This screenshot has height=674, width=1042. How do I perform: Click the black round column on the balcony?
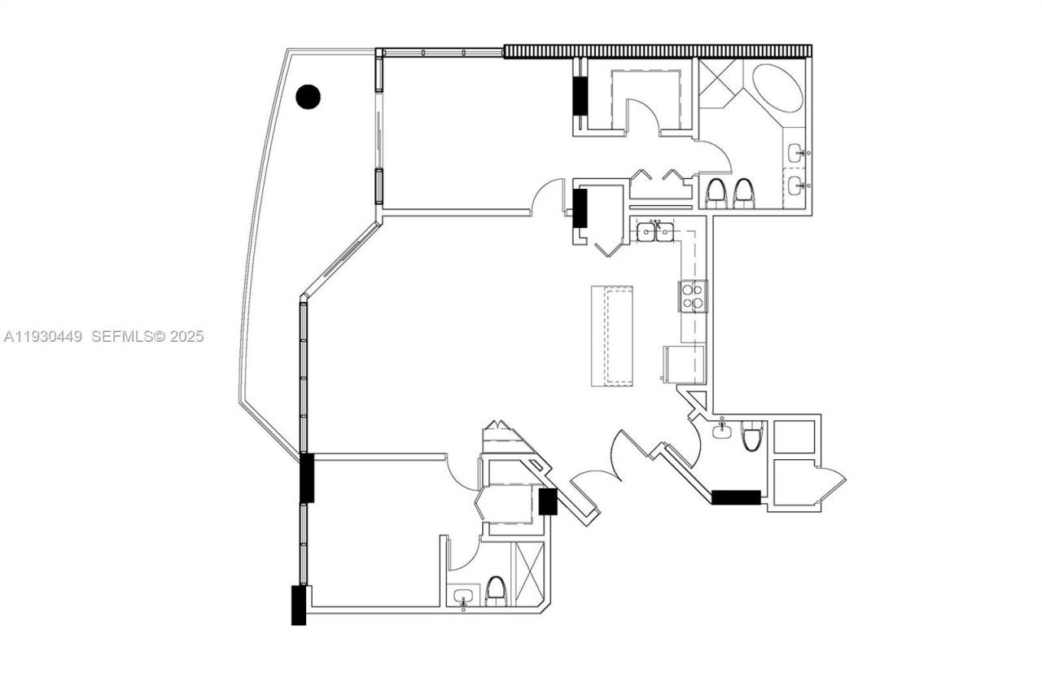(308, 97)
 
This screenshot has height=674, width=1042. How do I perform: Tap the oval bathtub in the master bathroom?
(777, 88)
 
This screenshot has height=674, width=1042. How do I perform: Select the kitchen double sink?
(655, 232)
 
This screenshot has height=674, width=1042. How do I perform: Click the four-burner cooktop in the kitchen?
(694, 296)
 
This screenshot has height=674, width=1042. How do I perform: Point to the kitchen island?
(614, 336)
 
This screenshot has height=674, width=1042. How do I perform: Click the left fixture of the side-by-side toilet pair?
(716, 193)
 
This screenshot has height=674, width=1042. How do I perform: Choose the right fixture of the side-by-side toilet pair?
(743, 193)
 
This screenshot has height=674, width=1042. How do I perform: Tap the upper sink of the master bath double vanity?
(796, 151)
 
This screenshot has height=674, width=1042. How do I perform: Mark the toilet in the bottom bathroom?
(495, 591)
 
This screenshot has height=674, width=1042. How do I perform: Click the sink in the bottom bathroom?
(463, 597)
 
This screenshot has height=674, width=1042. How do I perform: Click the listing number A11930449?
(43, 336)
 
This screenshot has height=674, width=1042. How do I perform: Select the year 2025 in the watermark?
(186, 336)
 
